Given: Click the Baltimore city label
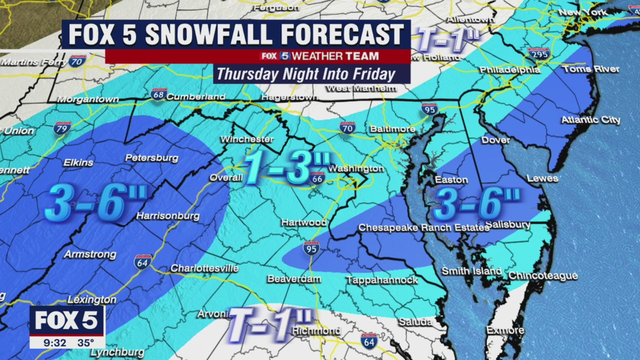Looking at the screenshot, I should click(x=392, y=129).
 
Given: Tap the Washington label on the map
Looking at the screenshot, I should click(x=356, y=168).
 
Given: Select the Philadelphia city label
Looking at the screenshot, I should click(x=510, y=70).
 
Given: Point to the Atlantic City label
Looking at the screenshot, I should click(x=590, y=120).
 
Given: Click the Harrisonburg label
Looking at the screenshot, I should click(x=168, y=216).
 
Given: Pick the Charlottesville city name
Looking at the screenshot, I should click(x=204, y=268).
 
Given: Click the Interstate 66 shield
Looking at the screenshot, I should click(x=317, y=177).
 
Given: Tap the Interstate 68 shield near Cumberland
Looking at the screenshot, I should click(x=158, y=94).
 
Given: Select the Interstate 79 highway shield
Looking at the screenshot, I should click(x=62, y=127).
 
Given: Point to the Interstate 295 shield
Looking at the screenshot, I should click(x=538, y=53).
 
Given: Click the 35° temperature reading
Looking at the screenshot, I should click(x=85, y=342).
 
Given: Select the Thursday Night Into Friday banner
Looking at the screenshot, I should click(x=306, y=74).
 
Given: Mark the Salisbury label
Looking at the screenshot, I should click(x=507, y=225).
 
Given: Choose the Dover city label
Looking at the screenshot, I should click(x=495, y=140).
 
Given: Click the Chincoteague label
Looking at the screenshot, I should click(x=543, y=276).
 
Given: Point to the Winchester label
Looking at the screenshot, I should click(x=247, y=139).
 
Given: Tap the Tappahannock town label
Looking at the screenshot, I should click(x=381, y=280).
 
